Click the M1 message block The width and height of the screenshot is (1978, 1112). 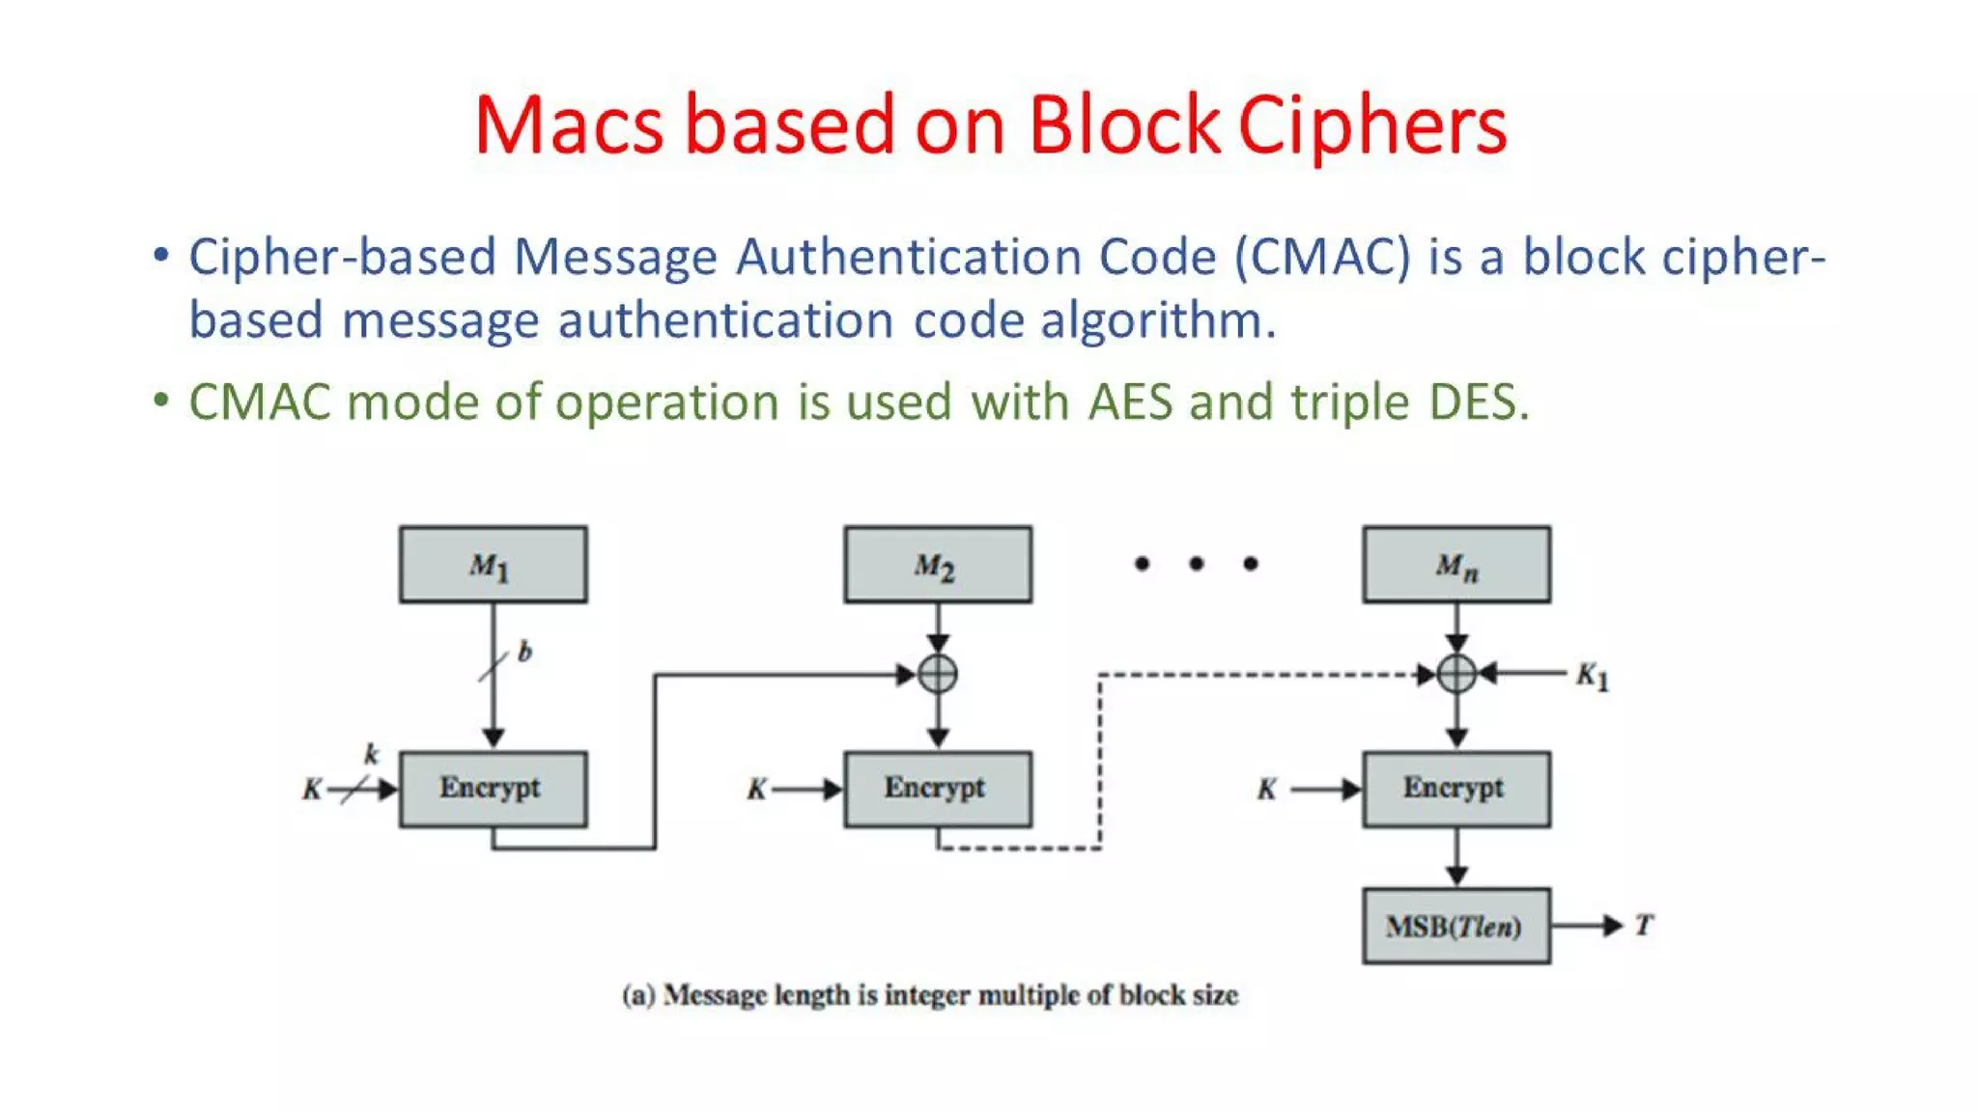point(493,565)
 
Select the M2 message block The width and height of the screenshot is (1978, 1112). point(937,565)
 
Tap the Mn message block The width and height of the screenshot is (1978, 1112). point(1456,565)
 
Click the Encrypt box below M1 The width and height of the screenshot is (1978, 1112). point(493,789)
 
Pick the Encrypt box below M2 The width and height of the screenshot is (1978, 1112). point(937,789)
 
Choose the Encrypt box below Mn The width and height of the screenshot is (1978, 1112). point(1456,789)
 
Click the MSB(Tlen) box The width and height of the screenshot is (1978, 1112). point(1456,927)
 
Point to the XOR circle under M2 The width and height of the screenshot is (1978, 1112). point(938,674)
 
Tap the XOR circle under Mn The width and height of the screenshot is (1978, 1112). point(1456,674)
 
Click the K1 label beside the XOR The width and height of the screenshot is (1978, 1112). point(1592,676)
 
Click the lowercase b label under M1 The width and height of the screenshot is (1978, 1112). point(524,653)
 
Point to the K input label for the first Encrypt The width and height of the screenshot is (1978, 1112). point(312,790)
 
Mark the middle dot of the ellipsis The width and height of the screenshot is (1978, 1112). point(1197,564)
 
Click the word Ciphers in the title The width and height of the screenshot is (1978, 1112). point(1371,125)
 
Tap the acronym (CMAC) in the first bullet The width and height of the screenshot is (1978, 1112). point(1322,258)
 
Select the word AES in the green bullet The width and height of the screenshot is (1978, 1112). point(1130,402)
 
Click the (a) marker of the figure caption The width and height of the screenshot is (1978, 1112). point(638,995)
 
